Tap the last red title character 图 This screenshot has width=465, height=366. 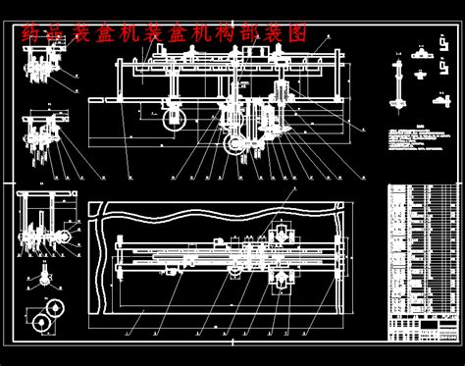tap(296, 33)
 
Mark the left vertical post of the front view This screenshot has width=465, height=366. tap(120, 82)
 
